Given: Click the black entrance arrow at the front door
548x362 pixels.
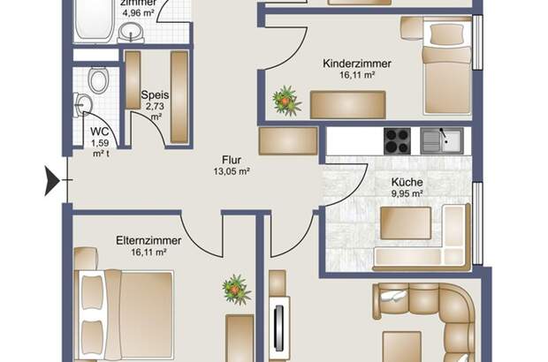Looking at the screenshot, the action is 51,180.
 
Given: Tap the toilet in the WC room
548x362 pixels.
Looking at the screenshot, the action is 98,80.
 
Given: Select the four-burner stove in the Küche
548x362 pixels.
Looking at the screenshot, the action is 397,140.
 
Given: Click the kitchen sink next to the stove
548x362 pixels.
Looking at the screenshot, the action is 442,140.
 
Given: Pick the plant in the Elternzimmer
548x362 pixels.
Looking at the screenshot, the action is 236,290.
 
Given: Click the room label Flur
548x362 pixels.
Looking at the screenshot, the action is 232,160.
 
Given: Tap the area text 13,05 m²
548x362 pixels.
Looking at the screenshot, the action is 232,171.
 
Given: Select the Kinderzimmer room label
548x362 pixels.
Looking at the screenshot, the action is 357,64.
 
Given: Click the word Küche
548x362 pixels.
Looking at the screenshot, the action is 407,182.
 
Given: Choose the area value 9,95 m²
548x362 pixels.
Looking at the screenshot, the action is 407,193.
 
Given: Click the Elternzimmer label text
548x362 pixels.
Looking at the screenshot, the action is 148,240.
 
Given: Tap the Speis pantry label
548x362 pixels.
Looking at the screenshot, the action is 155,95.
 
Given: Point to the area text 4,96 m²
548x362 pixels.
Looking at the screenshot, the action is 138,13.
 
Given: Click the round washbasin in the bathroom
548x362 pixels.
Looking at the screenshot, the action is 131,33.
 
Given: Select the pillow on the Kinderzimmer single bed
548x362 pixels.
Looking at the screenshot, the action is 447,34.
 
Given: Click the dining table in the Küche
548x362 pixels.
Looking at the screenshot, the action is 406,223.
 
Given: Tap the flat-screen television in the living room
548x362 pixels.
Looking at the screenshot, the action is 278,328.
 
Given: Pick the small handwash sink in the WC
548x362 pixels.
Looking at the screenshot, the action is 83,104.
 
